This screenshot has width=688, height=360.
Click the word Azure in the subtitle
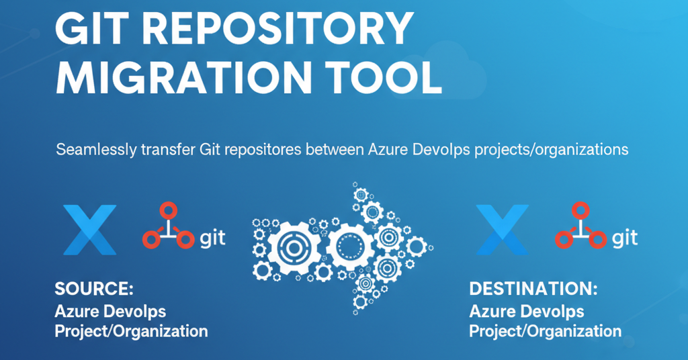386,150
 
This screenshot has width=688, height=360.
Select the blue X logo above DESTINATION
501,230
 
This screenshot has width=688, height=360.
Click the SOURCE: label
94,289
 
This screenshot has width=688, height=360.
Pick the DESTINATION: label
533,289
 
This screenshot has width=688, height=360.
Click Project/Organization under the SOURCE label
131,331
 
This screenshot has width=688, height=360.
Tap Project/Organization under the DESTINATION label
545,331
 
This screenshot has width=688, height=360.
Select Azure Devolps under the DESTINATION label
526,312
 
